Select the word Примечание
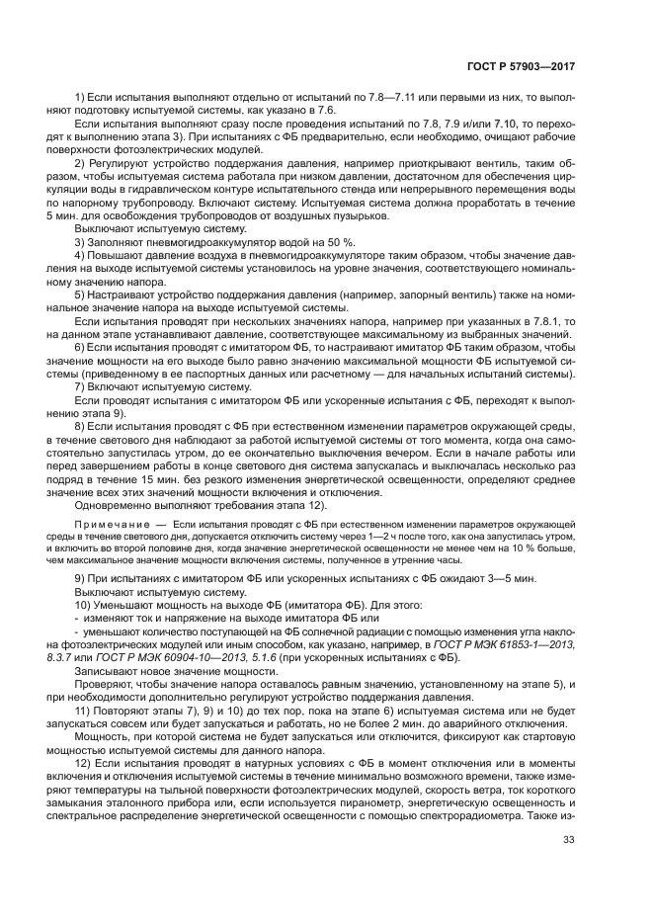[x=107, y=519]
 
